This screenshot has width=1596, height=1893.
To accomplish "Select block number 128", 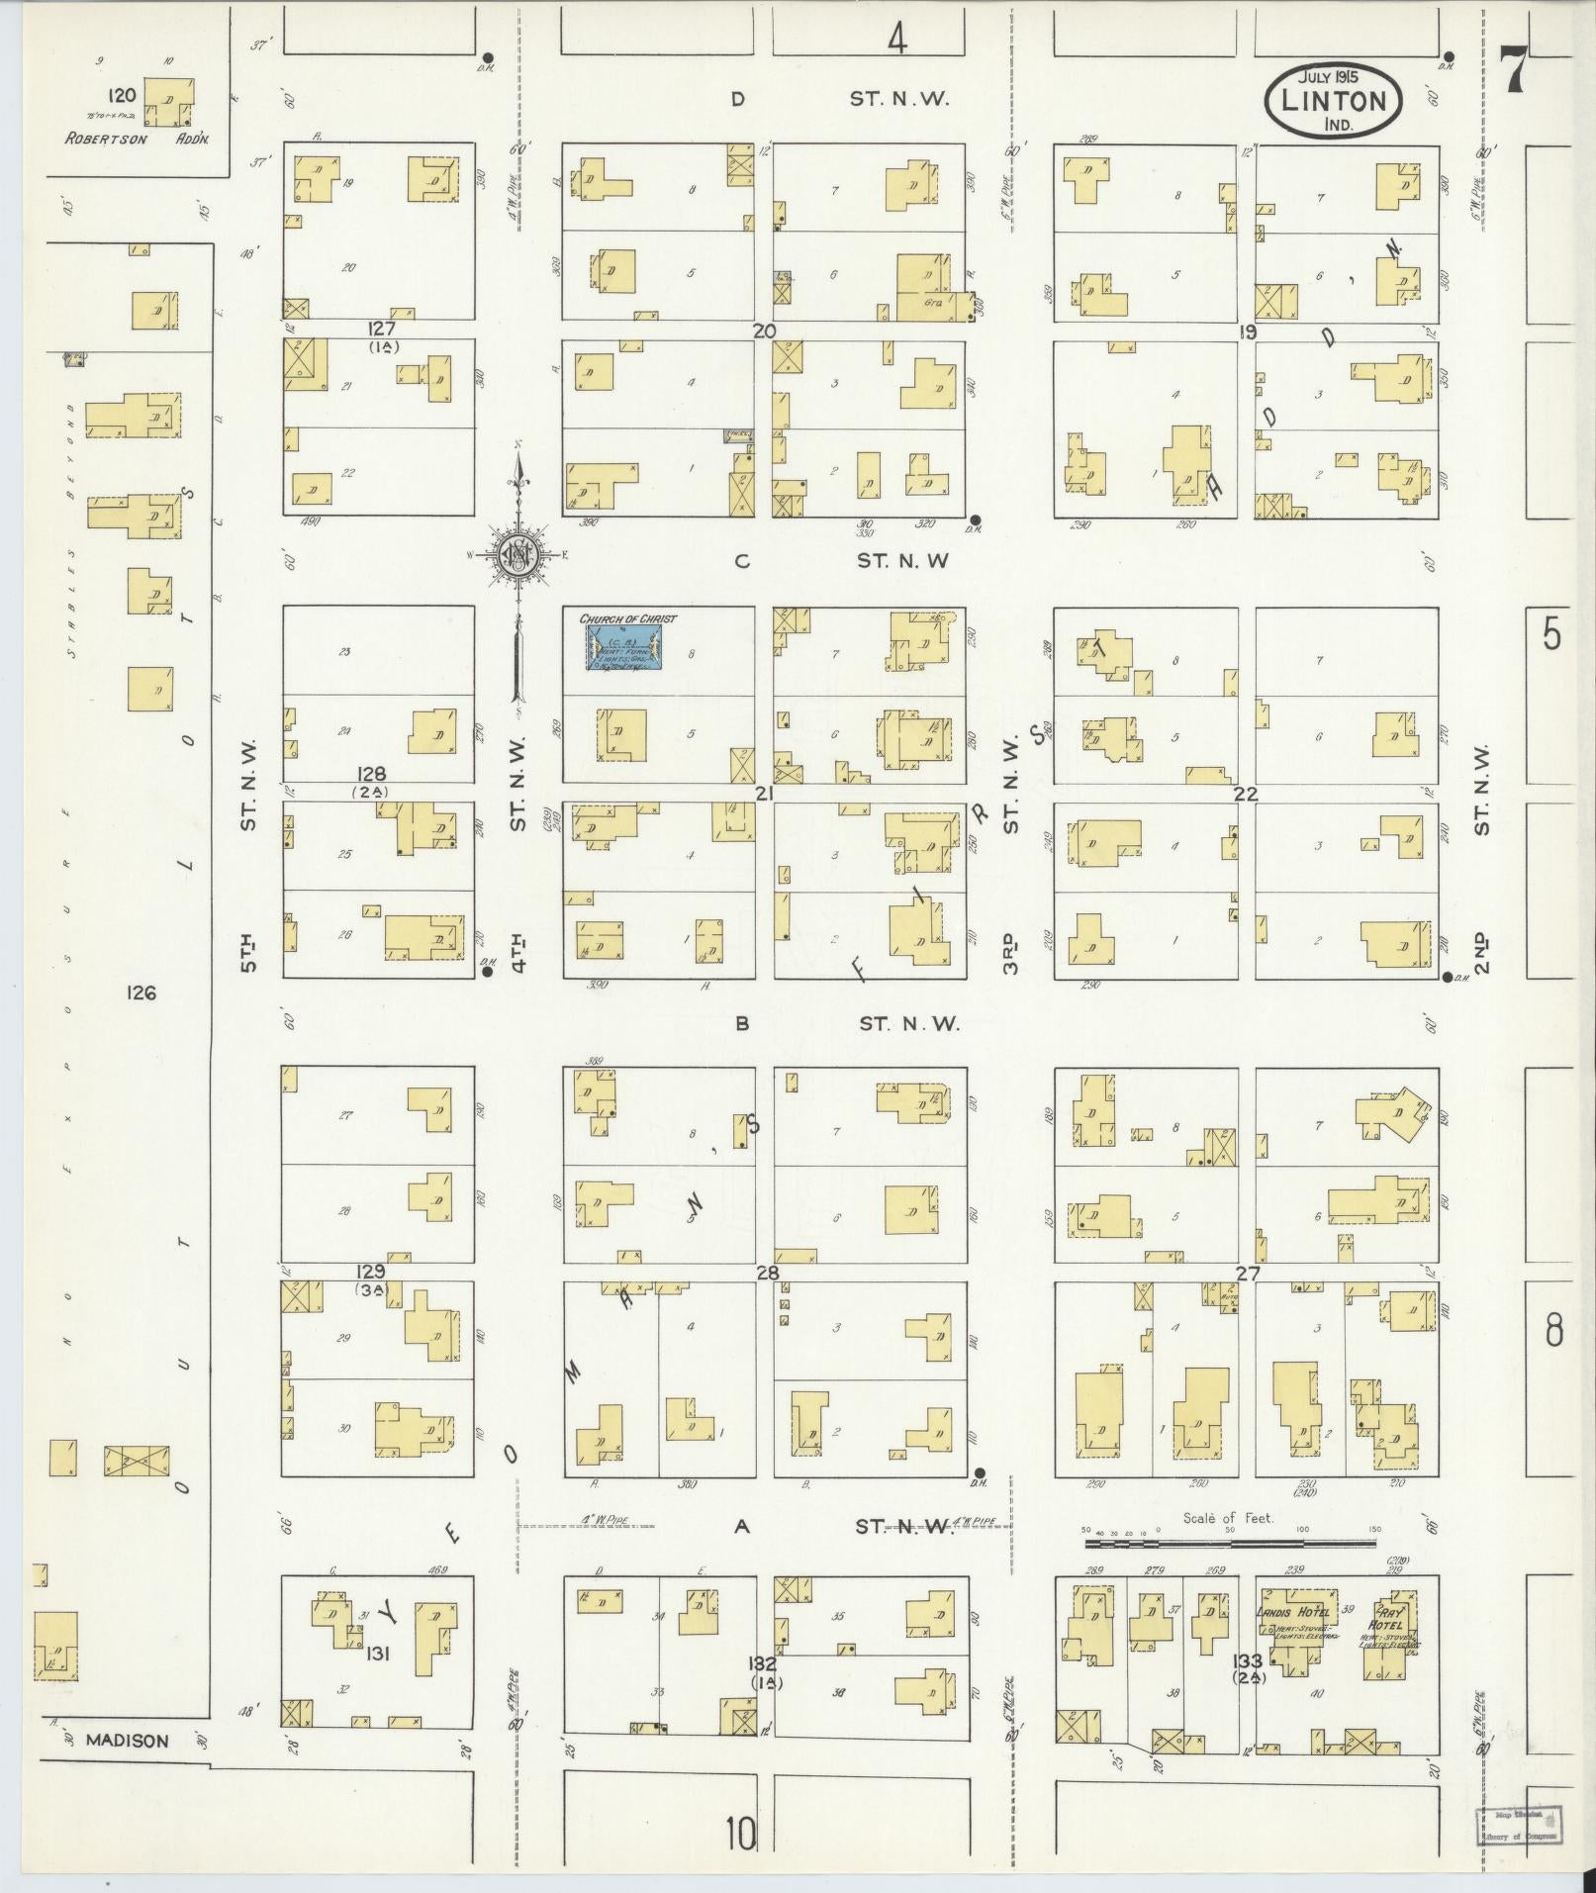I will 373,774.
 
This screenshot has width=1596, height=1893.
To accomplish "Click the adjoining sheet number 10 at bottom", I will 739,1834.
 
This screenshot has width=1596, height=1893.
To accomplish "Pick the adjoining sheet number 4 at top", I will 896,40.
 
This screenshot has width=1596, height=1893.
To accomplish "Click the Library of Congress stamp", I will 1517,1824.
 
